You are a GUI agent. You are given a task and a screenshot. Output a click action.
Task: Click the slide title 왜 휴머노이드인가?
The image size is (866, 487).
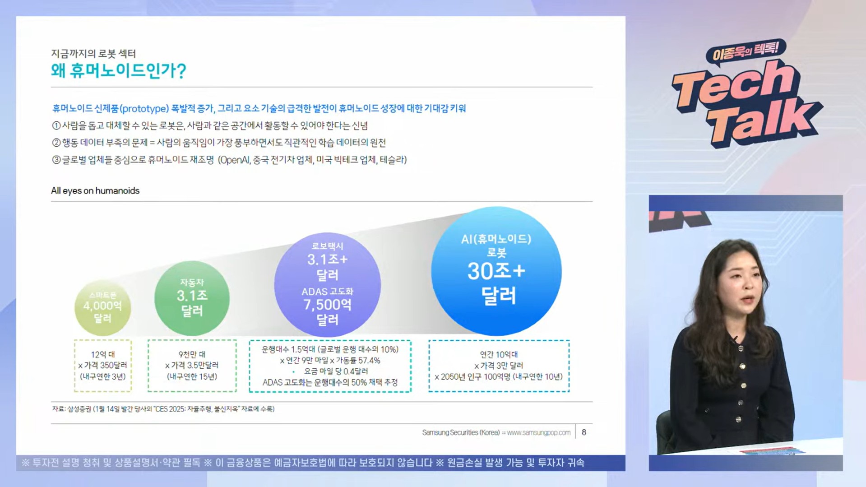[x=118, y=71]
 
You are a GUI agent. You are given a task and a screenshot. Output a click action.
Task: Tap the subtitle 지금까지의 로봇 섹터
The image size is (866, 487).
[x=93, y=53]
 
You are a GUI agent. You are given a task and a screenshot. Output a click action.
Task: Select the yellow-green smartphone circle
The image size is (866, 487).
[x=103, y=307]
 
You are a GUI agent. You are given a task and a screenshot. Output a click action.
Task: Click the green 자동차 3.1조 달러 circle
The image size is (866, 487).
[x=192, y=298]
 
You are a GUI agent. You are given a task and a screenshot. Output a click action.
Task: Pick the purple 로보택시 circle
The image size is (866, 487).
[x=327, y=284]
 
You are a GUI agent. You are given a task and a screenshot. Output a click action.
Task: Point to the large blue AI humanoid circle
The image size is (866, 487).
[x=496, y=271]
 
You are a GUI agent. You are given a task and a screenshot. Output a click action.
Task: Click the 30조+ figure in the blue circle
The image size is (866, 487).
[x=496, y=271]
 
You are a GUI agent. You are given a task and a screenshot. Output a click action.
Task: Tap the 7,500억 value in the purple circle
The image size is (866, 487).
[x=327, y=305]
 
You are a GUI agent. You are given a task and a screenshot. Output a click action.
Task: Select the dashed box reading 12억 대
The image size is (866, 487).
[x=103, y=366]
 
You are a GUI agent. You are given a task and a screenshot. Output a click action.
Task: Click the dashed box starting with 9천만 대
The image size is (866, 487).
[x=192, y=366]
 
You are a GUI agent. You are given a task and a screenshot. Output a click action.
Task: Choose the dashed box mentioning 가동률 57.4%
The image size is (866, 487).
[x=330, y=366]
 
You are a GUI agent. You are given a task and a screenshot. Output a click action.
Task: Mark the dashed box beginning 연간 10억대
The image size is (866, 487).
[x=499, y=366]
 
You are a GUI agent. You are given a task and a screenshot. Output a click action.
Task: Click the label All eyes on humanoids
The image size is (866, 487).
[x=95, y=190]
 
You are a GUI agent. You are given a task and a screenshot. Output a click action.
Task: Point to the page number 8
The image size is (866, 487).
[x=584, y=432]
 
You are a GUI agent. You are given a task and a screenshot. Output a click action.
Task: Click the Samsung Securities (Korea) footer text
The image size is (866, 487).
[x=461, y=432]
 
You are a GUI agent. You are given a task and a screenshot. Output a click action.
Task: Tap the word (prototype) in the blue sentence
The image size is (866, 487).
[x=144, y=108]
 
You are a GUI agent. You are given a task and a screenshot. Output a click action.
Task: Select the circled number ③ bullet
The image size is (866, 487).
[x=56, y=160]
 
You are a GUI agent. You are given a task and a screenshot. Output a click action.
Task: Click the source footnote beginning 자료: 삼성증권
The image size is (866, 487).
[x=163, y=409]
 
